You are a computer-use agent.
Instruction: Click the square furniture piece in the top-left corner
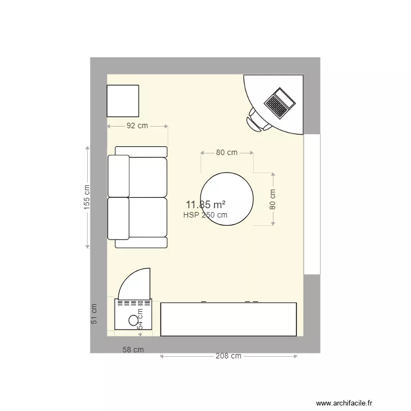[x=123, y=101]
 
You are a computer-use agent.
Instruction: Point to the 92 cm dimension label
[x=138, y=125]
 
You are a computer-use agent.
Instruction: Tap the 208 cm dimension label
[x=229, y=356]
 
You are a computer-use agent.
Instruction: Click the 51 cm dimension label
[x=94, y=313]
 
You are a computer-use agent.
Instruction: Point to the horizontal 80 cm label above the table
[x=227, y=152]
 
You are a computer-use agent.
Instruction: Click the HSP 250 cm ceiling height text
[x=206, y=215]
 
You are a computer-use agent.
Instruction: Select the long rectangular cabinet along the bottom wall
[x=229, y=319]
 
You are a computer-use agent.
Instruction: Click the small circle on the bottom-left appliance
[x=133, y=321]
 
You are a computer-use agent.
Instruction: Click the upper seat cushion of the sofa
[x=147, y=177]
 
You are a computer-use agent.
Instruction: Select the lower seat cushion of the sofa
[x=147, y=218]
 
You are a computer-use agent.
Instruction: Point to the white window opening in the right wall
[x=312, y=204]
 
